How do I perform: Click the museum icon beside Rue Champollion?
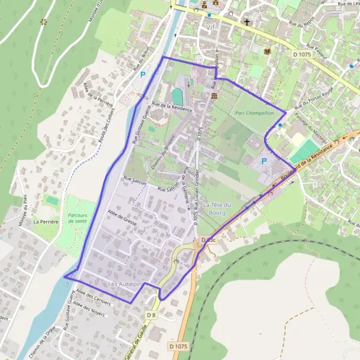[x=214, y=96]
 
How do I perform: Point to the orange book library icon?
[x=266, y=52]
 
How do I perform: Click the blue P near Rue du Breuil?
[x=142, y=75]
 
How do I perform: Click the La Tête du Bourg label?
[x=217, y=208]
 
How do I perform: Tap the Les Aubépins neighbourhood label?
[x=125, y=283]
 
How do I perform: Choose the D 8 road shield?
[x=151, y=315]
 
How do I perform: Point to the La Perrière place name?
[x=44, y=221]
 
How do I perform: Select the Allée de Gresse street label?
[x=122, y=217]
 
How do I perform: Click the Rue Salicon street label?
[x=135, y=179]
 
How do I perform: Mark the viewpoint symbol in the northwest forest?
[x=43, y=22]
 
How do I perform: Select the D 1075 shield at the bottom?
[x=178, y=346]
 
